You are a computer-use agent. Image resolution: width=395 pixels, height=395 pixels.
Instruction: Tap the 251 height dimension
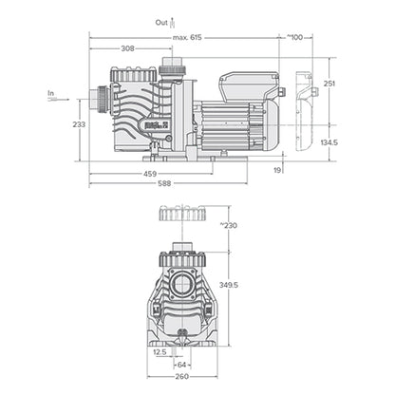(x=329, y=85)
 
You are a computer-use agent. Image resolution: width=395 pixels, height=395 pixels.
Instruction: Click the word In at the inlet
(x=50, y=93)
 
